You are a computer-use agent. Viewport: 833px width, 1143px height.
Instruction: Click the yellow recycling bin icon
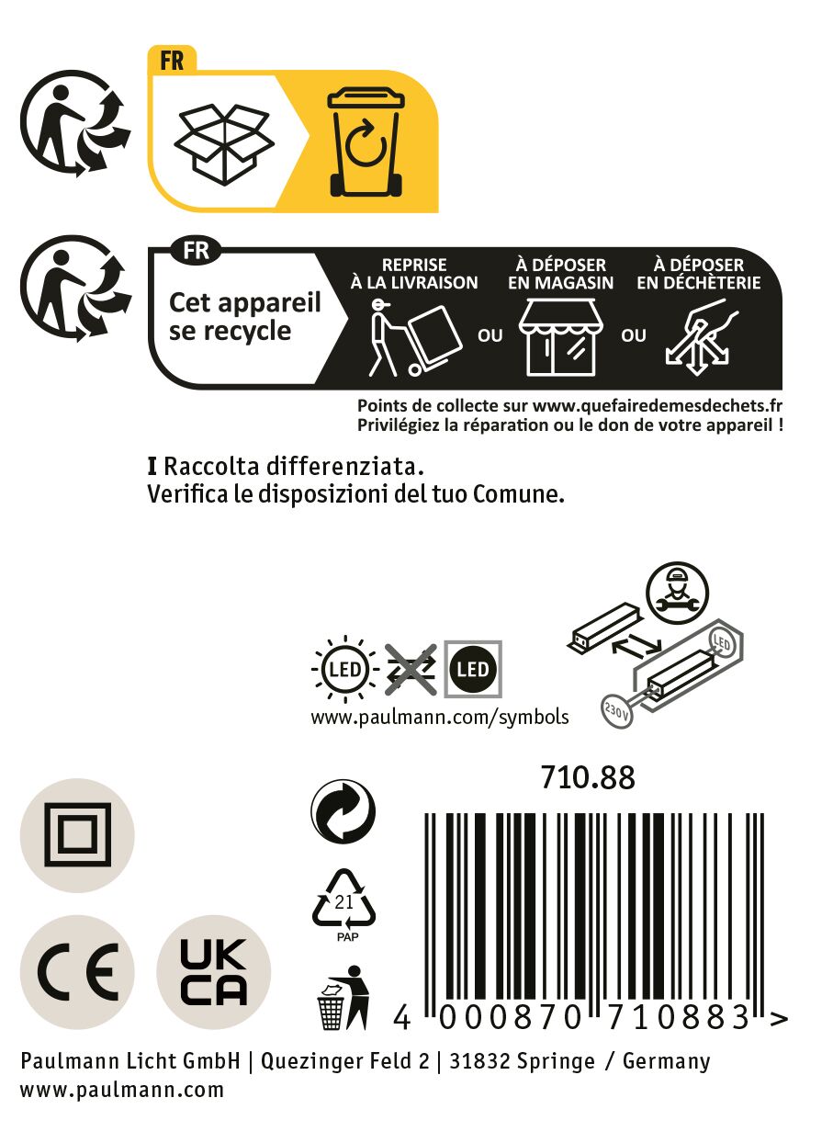[x=366, y=141]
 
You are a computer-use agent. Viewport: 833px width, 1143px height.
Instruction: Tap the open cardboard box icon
[x=224, y=144]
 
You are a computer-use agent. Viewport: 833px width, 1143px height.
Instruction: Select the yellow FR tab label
[x=172, y=61]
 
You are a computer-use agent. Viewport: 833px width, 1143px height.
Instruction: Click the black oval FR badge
[x=197, y=251]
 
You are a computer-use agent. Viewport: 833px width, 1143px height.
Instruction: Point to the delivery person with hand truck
[x=415, y=338]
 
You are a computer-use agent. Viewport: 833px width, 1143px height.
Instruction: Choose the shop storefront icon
[x=560, y=337]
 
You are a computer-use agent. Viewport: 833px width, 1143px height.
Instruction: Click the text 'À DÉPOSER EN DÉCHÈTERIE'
[x=698, y=274]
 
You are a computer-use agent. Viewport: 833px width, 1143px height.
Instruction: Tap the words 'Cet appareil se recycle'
[x=245, y=316]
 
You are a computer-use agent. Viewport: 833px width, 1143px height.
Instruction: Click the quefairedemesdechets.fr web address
[x=657, y=406]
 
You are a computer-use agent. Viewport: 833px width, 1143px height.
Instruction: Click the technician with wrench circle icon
[x=677, y=593]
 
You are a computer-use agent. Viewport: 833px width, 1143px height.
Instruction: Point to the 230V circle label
[x=617, y=710]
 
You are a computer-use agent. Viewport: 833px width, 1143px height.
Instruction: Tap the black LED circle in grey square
[x=473, y=669]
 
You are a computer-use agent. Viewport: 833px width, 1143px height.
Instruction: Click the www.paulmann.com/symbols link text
[x=440, y=717]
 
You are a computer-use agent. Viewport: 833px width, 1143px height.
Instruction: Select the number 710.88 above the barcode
[x=588, y=777]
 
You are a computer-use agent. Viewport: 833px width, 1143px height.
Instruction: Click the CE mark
[x=77, y=971]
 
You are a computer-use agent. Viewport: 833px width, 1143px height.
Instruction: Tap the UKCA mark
[x=214, y=971]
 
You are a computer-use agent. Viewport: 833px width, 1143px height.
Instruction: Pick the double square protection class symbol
[x=77, y=835]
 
